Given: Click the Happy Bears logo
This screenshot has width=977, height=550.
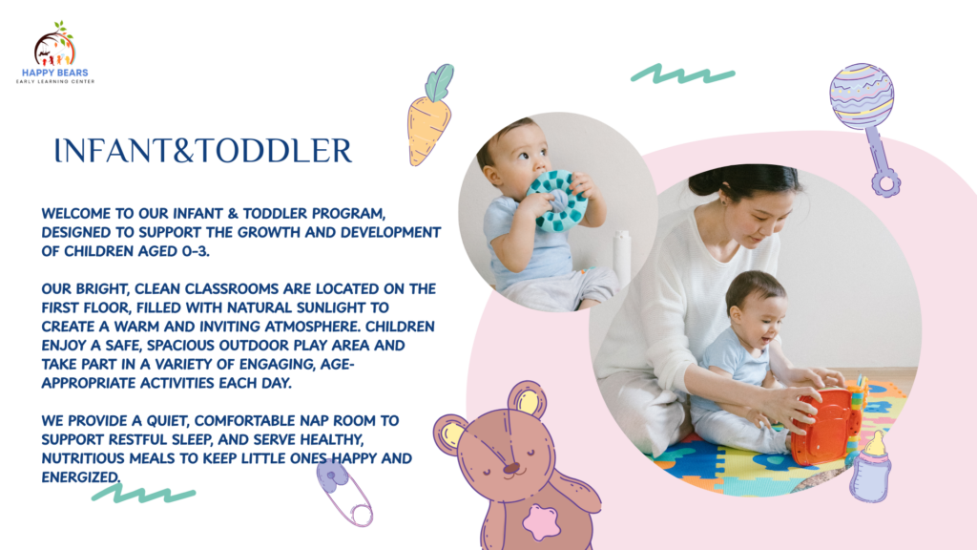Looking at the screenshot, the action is point(54,53).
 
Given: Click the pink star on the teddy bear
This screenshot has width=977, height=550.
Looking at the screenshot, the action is point(541,522).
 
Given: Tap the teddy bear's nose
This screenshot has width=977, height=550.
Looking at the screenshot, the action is point(511,468).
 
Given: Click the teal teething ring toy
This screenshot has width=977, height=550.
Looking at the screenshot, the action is point(556,201).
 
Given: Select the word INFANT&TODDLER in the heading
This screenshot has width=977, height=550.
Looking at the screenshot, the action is point(203,151).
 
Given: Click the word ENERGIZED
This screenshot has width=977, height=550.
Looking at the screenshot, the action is point(80,477).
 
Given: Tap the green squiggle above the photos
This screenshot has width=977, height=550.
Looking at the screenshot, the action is point(683,74).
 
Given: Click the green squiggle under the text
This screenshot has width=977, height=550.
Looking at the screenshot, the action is point(143,494).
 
